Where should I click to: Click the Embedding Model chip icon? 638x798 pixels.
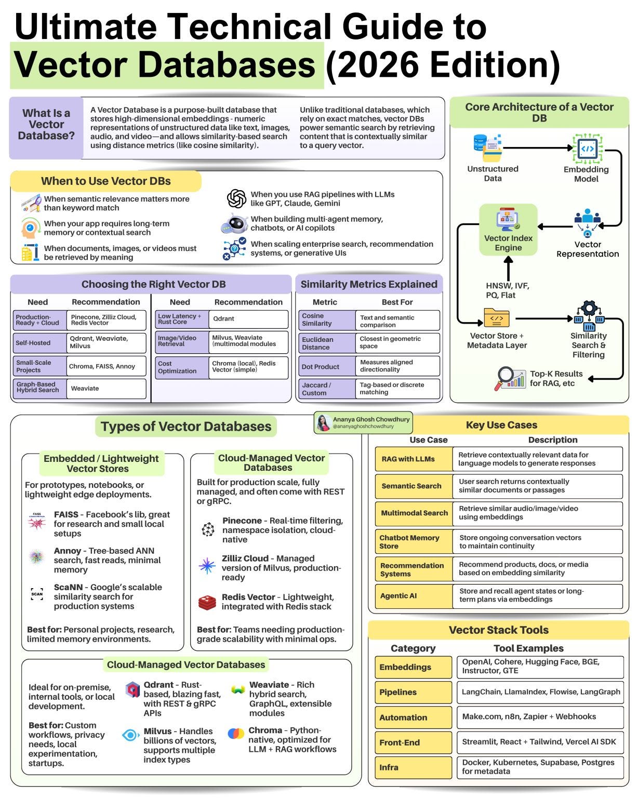pyautogui.click(x=587, y=149)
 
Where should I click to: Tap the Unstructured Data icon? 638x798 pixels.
pyautogui.click(x=487, y=148)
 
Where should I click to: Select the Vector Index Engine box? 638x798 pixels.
pyautogui.click(x=508, y=229)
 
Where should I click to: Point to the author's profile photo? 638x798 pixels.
pyautogui.click(x=324, y=422)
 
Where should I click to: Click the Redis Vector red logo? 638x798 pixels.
pyautogui.click(x=207, y=602)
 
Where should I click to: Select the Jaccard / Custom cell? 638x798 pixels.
pyautogui.click(x=327, y=389)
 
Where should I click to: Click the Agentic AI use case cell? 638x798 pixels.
pyautogui.click(x=414, y=595)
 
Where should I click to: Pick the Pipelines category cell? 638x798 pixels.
pyautogui.click(x=413, y=692)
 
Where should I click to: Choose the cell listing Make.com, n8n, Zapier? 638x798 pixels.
pyautogui.click(x=540, y=717)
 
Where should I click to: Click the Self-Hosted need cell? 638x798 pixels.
pyautogui.click(x=39, y=343)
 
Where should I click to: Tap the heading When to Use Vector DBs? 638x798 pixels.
pyautogui.click(x=105, y=181)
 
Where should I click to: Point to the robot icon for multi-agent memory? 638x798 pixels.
pyautogui.click(x=235, y=223)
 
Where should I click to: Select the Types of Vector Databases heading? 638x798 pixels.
pyautogui.click(x=186, y=426)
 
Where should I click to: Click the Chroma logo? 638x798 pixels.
pyautogui.click(x=236, y=733)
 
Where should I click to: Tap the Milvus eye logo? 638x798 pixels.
pyautogui.click(x=130, y=735)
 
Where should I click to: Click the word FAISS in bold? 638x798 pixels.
pyautogui.click(x=66, y=514)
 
